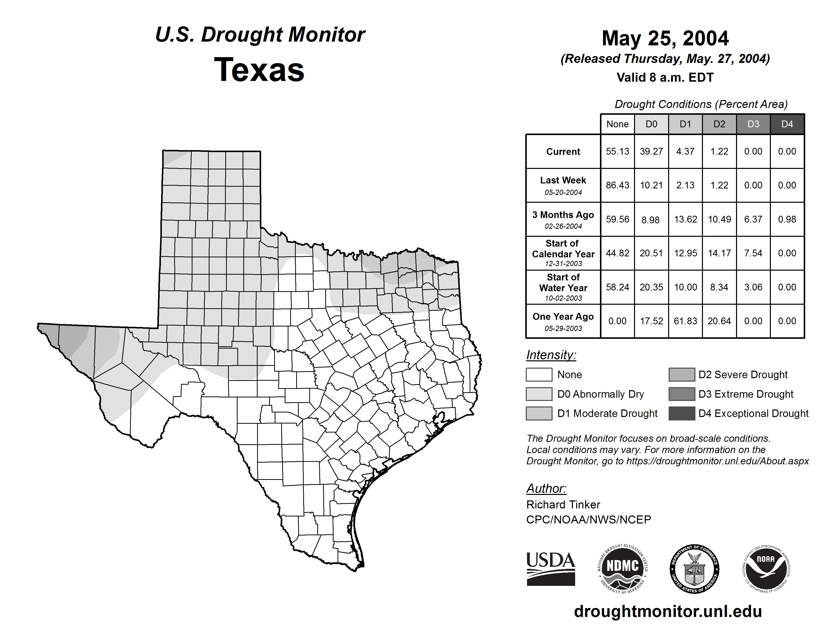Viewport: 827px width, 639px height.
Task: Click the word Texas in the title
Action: point(259,70)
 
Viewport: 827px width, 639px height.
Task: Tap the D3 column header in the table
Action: point(753,124)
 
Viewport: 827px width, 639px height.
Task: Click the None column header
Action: point(617,124)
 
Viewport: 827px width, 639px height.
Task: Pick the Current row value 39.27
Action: point(651,151)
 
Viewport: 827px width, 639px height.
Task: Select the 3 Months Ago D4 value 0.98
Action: point(787,219)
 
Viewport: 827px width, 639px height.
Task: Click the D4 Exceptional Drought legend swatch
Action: point(682,413)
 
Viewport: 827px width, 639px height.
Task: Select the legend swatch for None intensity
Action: point(539,374)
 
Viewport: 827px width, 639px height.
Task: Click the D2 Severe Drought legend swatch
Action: point(682,374)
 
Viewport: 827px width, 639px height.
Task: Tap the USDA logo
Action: point(551,569)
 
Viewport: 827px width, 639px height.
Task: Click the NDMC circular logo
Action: point(623,569)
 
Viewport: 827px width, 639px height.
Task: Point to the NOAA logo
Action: point(766,569)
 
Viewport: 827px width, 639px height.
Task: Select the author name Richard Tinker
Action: point(563,505)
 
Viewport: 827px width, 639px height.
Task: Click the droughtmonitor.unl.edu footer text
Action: point(668,611)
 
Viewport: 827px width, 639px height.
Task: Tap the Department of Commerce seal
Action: point(694,569)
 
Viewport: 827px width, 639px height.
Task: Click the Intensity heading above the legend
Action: point(551,355)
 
